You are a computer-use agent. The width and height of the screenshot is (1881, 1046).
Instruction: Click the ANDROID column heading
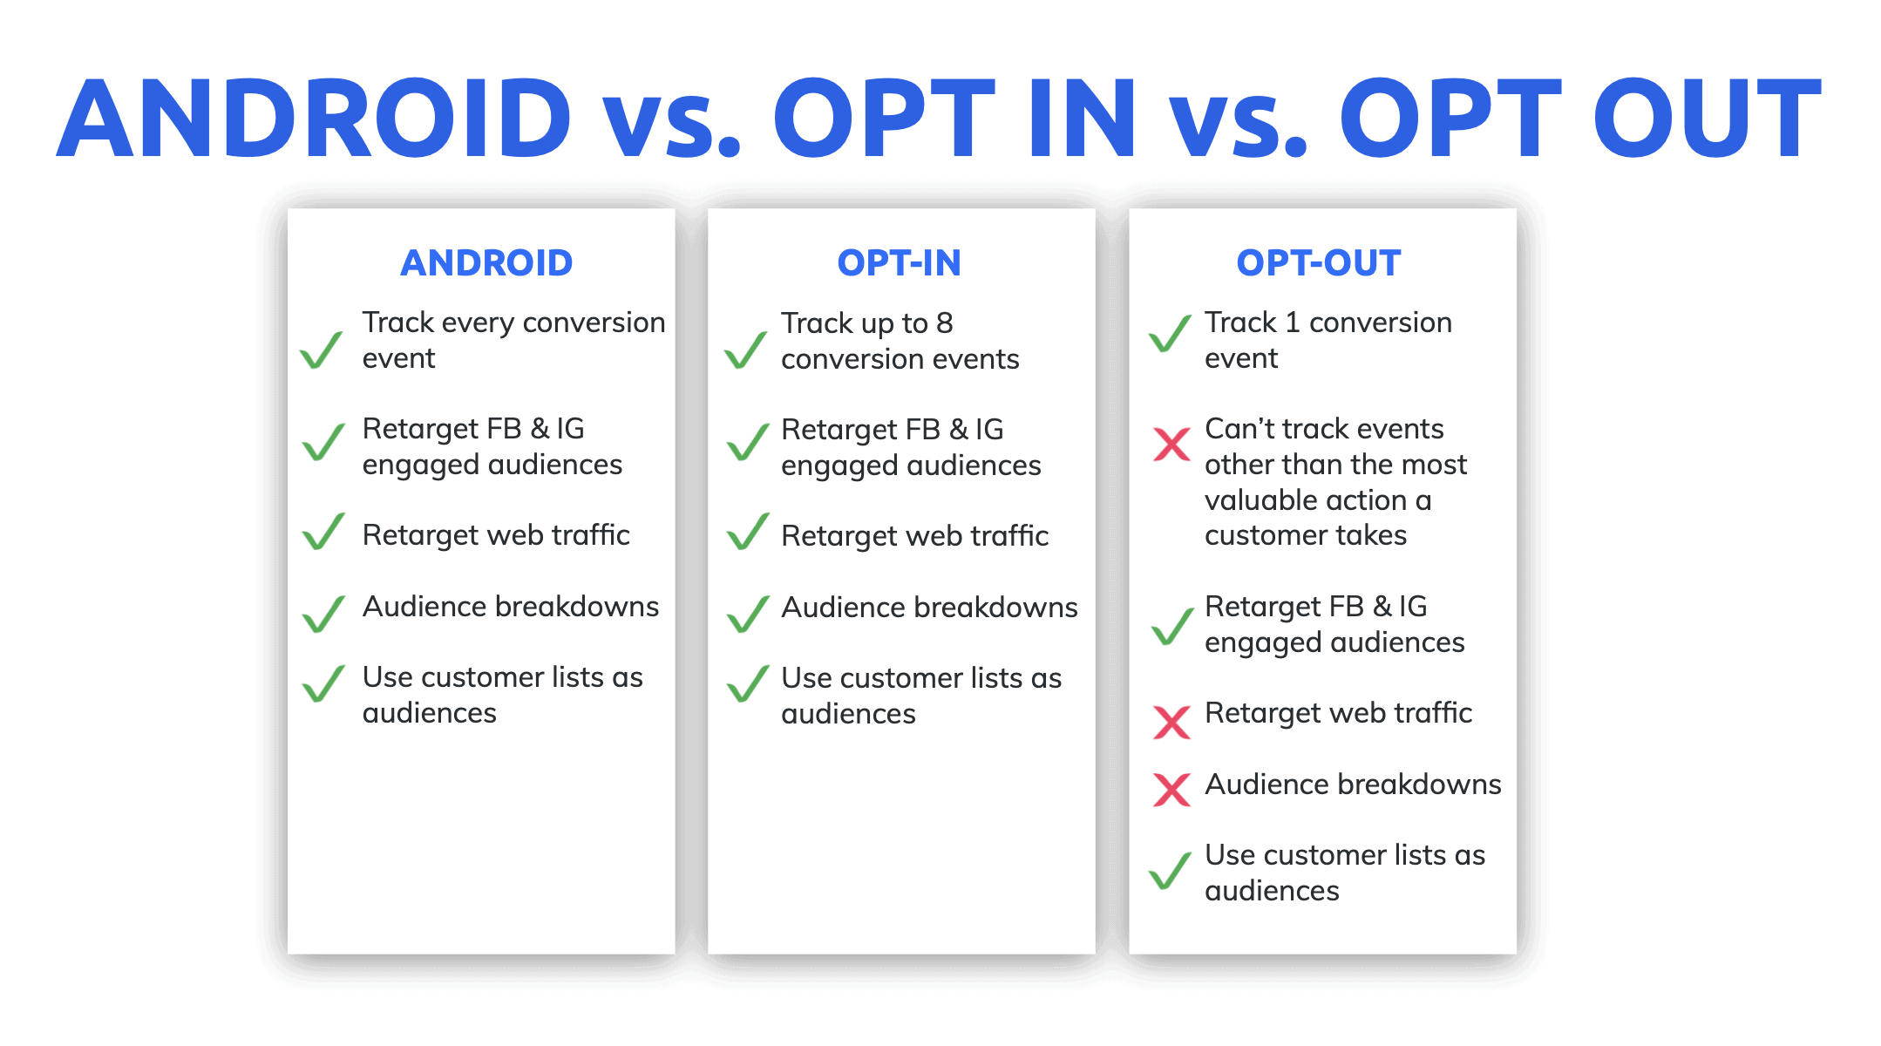coord(486,263)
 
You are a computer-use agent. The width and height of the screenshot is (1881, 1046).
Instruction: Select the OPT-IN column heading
coord(899,263)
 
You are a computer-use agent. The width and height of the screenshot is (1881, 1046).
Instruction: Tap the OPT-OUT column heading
coord(1318,263)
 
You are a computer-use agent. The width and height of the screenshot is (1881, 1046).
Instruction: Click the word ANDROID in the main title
coord(315,119)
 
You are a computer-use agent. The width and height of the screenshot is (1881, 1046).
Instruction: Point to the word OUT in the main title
coord(1707,119)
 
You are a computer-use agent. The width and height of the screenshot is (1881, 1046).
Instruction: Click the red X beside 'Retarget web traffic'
coord(1171,722)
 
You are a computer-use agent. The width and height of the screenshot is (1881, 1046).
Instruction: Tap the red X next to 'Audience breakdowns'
coord(1171,790)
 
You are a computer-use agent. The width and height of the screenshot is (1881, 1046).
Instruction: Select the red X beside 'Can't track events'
coord(1171,445)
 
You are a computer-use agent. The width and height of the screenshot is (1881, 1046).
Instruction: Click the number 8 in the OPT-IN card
coord(944,323)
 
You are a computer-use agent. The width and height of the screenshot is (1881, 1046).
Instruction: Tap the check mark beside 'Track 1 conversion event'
coord(1170,333)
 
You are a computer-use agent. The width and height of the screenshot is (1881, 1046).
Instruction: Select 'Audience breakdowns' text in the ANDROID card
coord(511,607)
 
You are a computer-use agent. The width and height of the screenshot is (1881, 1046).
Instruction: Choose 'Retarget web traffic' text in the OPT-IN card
coord(914,536)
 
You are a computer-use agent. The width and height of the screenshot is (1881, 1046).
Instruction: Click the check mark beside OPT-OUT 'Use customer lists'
coord(1170,870)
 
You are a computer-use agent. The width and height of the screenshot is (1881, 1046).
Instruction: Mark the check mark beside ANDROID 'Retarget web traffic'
coord(323,532)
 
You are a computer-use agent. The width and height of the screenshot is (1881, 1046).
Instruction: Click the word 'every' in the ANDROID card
coord(478,323)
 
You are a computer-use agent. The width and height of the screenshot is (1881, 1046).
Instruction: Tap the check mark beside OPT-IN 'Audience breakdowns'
coord(748,614)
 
